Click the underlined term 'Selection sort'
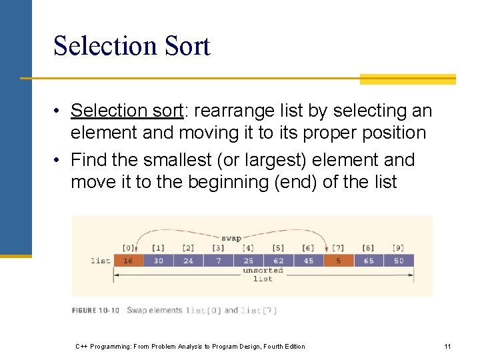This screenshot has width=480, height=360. coord(127,111)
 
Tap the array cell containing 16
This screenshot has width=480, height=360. coord(128,261)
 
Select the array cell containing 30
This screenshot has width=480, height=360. coord(158,261)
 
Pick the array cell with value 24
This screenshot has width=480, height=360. coord(188,261)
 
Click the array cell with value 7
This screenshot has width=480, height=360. coord(218,261)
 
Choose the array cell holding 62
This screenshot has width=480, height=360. coord(278,261)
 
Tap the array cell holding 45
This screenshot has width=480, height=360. coord(308,261)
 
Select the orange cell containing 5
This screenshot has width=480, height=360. coord(339,261)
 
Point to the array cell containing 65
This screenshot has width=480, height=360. coord(369,261)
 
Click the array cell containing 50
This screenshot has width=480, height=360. coord(399,261)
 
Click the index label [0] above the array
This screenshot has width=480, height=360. coord(128,249)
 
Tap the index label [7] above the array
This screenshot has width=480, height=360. coord(339,249)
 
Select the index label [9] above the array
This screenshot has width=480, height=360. coord(399,249)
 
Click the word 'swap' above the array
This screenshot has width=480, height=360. coord(231,237)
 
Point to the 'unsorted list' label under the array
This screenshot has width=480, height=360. coord(263,275)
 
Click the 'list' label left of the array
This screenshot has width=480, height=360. coord(100,261)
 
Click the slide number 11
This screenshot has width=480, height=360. coord(447,346)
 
